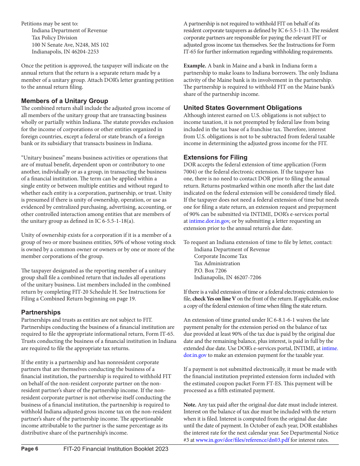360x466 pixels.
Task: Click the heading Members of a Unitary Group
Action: pos(64,101)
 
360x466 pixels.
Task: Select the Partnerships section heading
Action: pos(41,312)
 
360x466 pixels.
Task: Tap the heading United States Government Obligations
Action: pos(243,108)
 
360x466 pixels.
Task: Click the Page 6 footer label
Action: pos(30,449)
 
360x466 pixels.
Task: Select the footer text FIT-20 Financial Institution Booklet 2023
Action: pos(116,449)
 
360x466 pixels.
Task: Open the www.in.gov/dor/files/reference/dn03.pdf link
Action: pos(242,440)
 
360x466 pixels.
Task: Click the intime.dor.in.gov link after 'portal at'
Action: pos(209,221)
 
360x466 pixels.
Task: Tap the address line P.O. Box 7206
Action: pos(210,271)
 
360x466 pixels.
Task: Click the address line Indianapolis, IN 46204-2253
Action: pos(65,52)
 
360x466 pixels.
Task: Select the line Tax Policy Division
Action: pos(54,38)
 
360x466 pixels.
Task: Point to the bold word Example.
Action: pos(195,66)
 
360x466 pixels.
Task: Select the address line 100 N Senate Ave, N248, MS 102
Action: pos(70,45)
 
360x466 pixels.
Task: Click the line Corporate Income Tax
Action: pos(221,256)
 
